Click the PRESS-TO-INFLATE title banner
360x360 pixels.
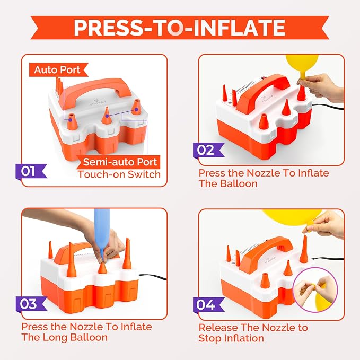click(180, 28)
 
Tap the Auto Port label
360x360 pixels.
click(57, 69)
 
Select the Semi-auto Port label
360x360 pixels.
click(119, 162)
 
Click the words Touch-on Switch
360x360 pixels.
click(119, 174)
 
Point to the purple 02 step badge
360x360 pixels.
click(208, 150)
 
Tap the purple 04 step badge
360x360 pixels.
click(208, 305)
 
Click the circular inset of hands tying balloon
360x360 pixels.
click(315, 289)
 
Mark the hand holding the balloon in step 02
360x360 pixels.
click(321, 87)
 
